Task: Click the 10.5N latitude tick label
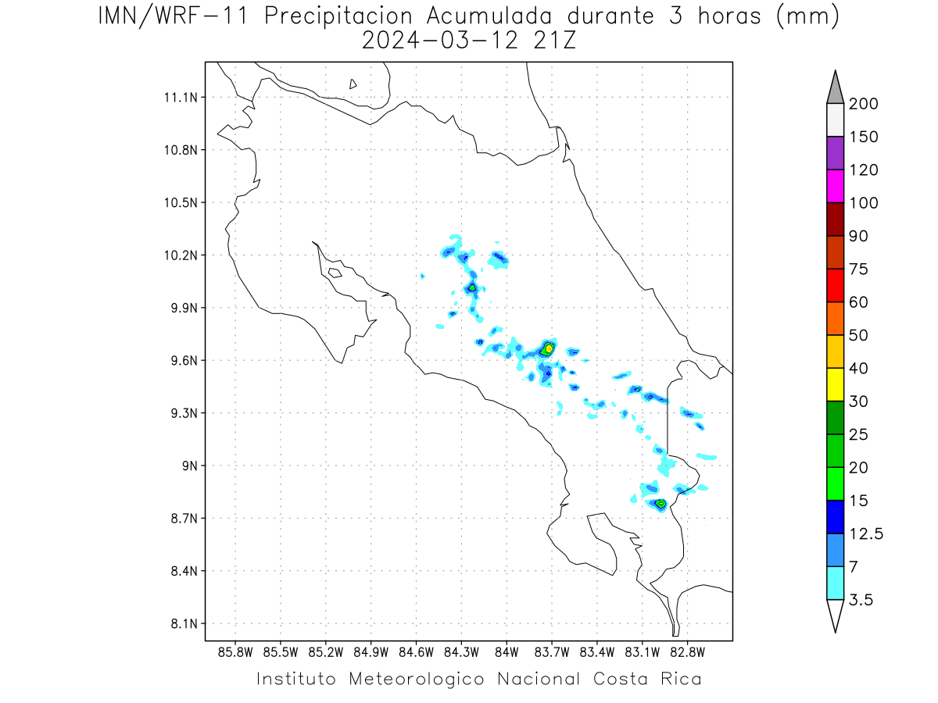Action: tap(181, 203)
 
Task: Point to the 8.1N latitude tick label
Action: tap(184, 624)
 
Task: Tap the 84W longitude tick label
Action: tap(507, 653)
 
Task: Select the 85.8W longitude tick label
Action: tap(235, 653)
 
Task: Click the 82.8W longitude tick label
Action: tap(687, 653)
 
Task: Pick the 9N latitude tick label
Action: tap(190, 466)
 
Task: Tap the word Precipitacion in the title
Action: tap(338, 16)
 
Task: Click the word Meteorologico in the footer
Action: tap(416, 679)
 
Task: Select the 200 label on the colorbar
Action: tap(863, 104)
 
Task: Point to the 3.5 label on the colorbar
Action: tap(861, 600)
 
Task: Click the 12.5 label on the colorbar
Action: tap(866, 533)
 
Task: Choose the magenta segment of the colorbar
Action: tap(835, 186)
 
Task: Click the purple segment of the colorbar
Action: tap(835, 153)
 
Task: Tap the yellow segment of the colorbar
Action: tap(835, 384)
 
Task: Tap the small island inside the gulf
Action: tap(335, 273)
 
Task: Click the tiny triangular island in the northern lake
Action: tap(353, 84)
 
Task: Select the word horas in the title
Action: tap(729, 16)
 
